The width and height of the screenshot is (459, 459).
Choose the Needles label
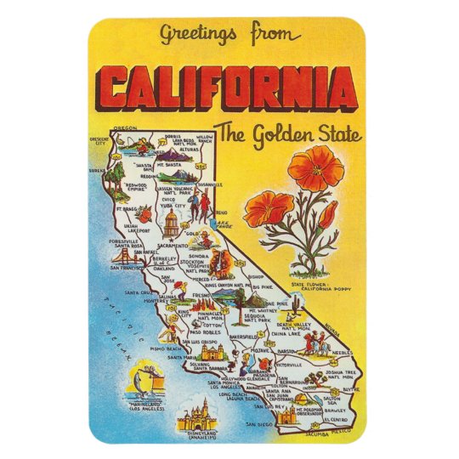coord(343,351)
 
